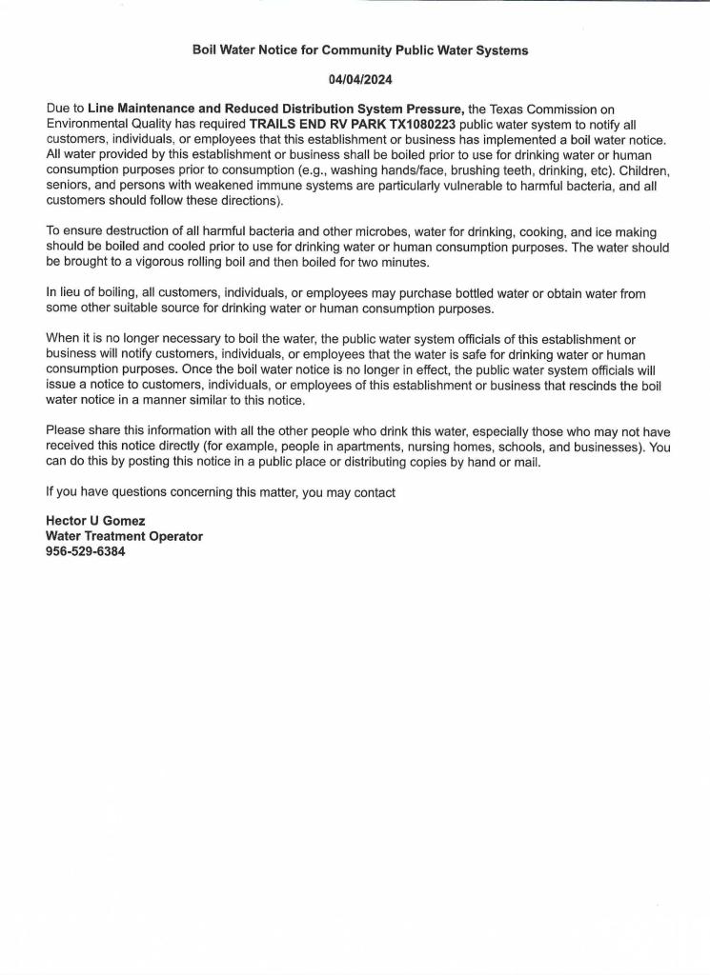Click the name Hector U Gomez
(95, 522)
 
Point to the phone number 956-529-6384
(86, 550)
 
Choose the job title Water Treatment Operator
(124, 536)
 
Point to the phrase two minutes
(404, 261)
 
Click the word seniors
(69, 186)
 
